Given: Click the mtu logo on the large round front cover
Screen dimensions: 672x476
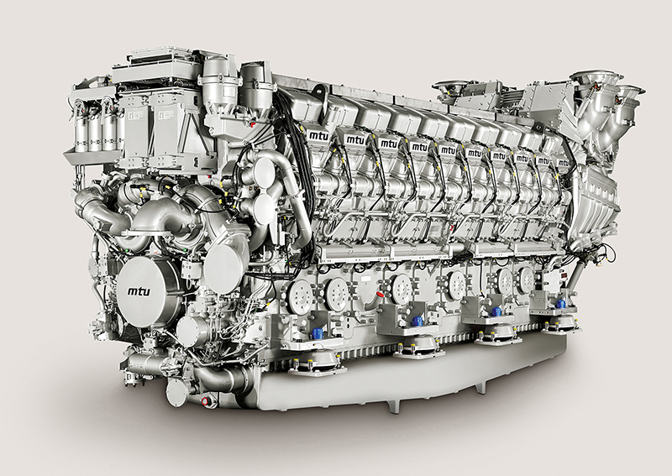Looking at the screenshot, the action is (139, 291).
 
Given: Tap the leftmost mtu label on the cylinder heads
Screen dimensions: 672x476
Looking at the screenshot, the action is (319, 136).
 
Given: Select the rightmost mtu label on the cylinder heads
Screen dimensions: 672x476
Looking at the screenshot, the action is (563, 163).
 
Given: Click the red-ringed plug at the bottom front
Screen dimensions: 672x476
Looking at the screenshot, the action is (205, 401).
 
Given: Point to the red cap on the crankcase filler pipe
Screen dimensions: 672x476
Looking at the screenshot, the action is (380, 295).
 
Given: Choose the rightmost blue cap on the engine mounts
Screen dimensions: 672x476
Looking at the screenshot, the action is (561, 304).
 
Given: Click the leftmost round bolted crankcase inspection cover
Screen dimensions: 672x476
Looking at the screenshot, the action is (301, 296).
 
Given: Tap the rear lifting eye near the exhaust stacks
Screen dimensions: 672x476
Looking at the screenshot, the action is (538, 128).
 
